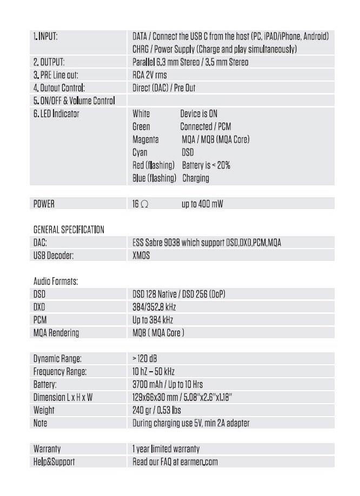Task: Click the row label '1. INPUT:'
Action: tap(45, 37)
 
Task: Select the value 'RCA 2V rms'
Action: tap(150, 75)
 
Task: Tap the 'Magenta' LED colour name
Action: tap(145, 139)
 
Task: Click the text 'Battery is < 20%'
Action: tap(206, 165)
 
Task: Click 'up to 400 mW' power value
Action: tap(202, 204)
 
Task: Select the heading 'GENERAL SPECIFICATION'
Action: tap(69, 230)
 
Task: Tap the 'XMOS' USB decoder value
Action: tap(141, 256)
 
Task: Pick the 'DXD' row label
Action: tap(39, 307)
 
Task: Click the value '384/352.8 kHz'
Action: tap(154, 307)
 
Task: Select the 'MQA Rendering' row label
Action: tap(56, 333)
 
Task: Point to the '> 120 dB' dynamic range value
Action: tap(145, 359)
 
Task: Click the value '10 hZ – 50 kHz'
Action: tap(154, 372)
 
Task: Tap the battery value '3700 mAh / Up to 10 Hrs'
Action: tap(168, 384)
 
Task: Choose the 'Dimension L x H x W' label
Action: tap(63, 397)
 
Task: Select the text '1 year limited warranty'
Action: tap(166, 449)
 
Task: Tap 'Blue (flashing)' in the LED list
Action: tap(155, 178)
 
